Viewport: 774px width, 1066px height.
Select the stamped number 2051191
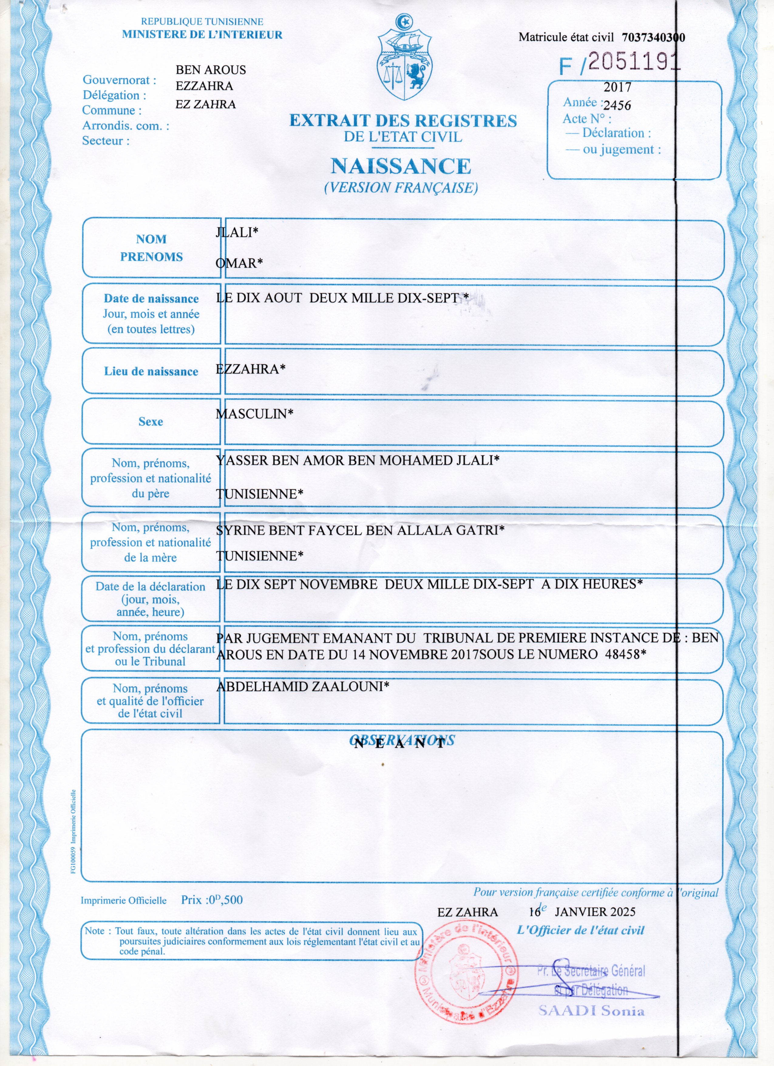click(x=633, y=62)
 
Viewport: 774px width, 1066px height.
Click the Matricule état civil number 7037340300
click(x=653, y=38)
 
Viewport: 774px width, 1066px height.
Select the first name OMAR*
click(x=239, y=263)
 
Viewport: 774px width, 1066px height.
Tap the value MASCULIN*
click(x=254, y=414)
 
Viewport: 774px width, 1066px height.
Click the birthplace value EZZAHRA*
click(x=250, y=369)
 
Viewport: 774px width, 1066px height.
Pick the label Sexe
click(x=151, y=422)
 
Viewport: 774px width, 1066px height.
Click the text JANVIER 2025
click(x=595, y=912)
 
